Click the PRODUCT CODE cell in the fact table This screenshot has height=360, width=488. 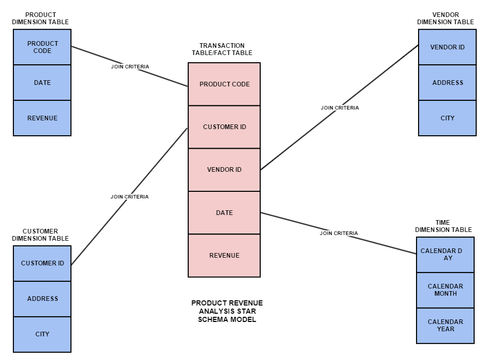point(224,84)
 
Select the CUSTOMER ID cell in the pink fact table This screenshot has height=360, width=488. point(224,127)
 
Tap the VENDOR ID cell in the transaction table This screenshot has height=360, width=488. point(224,170)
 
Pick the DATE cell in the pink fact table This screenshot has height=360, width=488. point(224,213)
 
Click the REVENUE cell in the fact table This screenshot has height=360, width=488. point(224,256)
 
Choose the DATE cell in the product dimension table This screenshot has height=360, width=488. point(42,83)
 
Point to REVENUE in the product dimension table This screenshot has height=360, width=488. point(42,118)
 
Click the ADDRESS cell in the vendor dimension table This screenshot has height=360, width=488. point(447,83)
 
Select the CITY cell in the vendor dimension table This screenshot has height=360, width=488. point(447,118)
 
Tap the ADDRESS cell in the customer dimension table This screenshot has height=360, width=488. point(42,299)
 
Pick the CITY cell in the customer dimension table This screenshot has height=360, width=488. point(42,334)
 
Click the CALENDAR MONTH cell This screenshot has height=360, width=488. point(445,290)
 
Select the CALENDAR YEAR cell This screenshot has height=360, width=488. point(445,326)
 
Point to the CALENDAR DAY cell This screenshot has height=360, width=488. point(445,255)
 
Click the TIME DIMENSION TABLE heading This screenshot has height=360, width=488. point(443,226)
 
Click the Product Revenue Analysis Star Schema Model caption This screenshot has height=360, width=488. point(227,311)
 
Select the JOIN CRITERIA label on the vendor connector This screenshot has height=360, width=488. point(339,108)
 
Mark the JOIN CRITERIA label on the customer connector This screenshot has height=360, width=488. point(130,197)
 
